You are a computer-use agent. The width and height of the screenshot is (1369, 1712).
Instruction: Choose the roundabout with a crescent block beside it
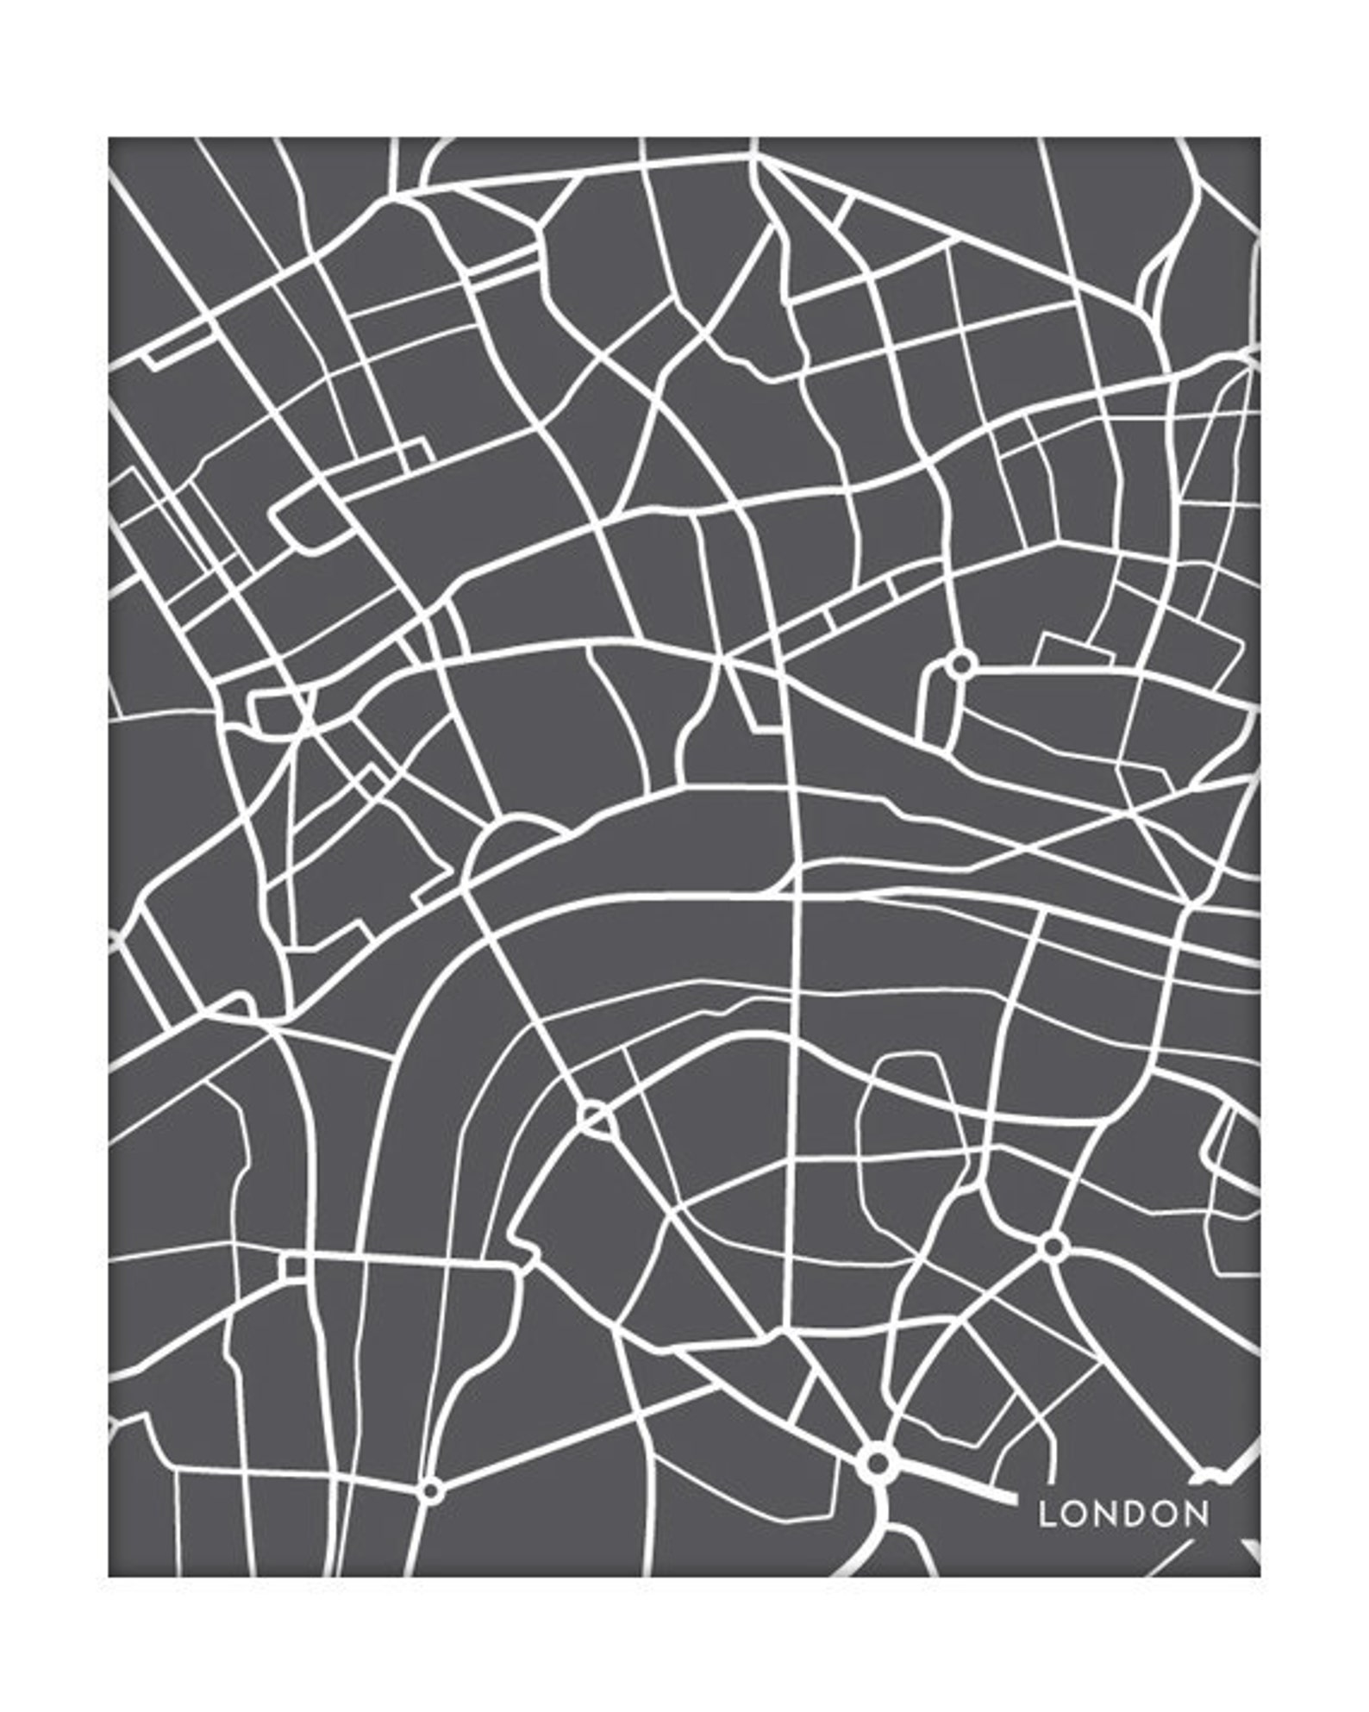[x=960, y=665]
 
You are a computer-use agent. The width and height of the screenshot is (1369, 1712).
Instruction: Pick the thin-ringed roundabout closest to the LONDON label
[x=1053, y=1247]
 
